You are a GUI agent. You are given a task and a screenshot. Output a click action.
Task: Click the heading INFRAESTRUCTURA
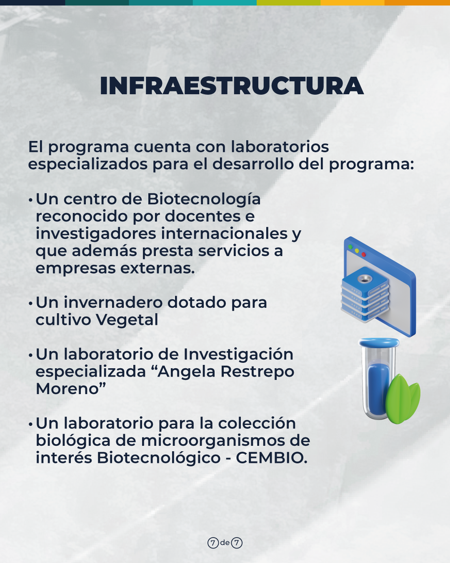[231, 85]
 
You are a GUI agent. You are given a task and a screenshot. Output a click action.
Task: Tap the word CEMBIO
[271, 458]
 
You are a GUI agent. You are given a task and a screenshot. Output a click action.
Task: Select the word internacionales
[224, 234]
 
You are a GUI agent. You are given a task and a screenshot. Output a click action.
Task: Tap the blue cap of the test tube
[379, 342]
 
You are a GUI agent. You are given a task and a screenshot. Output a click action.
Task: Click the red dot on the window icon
[363, 254]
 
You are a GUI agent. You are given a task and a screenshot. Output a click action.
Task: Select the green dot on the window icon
[350, 247]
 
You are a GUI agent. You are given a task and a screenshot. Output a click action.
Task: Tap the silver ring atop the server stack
[363, 279]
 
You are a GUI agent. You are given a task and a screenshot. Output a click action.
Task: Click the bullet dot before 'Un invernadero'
[30, 304]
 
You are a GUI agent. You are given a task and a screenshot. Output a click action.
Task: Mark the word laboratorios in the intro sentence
[280, 147]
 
